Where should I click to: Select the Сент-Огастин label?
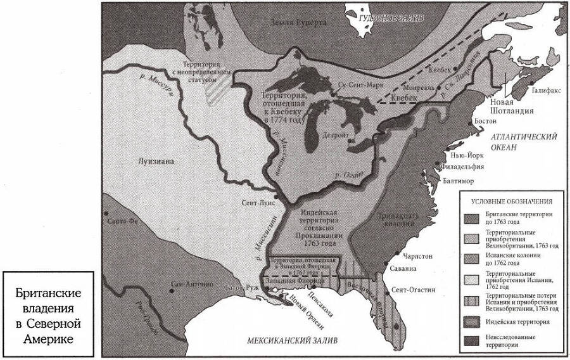coord(413,289)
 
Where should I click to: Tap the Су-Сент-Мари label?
coord(359,84)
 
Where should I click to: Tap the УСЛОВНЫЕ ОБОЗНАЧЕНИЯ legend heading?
coord(510,202)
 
